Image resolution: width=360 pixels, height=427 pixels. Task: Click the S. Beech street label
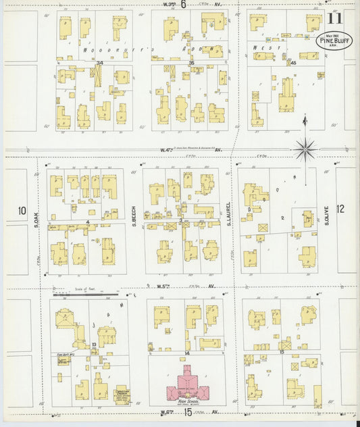(x=134, y=215)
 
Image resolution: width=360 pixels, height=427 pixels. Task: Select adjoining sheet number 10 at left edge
(x=21, y=210)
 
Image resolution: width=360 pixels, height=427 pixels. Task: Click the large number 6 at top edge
(x=183, y=4)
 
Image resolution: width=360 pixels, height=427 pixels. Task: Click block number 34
(x=99, y=64)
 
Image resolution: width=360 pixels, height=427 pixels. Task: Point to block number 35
(x=191, y=64)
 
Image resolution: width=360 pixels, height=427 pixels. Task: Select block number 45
(x=293, y=63)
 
